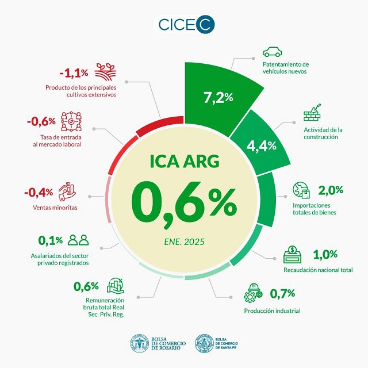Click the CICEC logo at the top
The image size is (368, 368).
coord(183,25)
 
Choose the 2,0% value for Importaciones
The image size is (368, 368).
coord(331,190)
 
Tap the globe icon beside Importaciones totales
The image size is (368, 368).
coord(301,190)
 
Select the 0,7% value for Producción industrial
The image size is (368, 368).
coord(282,294)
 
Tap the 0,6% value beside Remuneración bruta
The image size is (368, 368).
coord(86,286)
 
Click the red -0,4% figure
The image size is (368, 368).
coord(39,191)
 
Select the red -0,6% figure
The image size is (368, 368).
coord(41,121)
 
